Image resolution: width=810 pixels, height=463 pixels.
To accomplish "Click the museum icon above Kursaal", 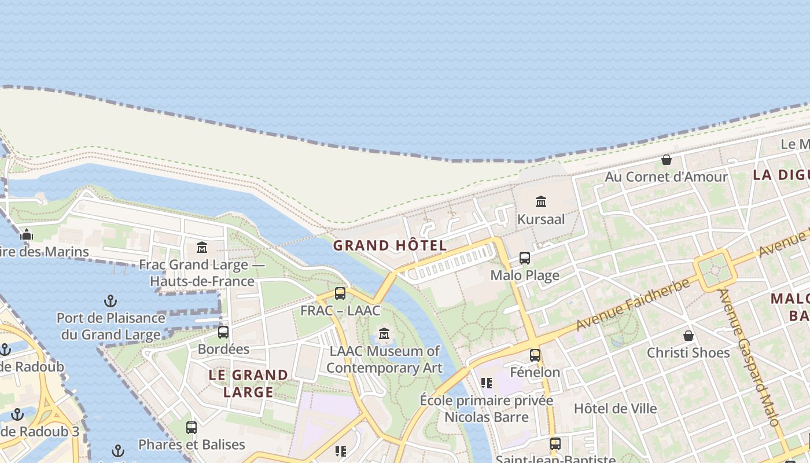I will point(541,201).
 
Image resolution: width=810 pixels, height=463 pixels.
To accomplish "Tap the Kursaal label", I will point(541,219).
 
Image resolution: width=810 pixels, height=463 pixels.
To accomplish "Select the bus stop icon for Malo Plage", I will point(525,258).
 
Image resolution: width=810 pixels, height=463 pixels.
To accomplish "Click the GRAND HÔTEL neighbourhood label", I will point(390,245).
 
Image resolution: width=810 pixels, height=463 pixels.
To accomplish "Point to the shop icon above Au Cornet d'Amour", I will point(667,160).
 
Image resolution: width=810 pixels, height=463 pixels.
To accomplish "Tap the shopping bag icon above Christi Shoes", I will point(689,336).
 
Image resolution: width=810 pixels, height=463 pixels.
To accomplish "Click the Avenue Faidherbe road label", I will point(633,305).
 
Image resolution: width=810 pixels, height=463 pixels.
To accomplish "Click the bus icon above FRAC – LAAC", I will point(340,293).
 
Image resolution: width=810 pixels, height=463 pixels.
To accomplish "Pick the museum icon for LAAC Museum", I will point(384,334).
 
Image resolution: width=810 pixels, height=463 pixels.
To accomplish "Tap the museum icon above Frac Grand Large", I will point(202,248).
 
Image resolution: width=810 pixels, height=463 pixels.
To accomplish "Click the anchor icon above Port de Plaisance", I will point(110,301).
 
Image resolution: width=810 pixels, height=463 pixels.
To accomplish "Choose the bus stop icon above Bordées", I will point(223,332).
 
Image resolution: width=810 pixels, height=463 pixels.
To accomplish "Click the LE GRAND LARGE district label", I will point(248,383).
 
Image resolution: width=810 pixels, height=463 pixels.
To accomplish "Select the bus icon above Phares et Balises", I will point(192,428).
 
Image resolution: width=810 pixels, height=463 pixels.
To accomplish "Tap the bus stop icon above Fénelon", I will point(535,355).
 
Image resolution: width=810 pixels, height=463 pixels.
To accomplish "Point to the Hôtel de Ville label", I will point(615,409).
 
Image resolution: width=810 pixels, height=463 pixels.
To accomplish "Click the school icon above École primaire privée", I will point(487,383).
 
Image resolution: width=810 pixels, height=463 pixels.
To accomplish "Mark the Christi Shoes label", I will point(688,352).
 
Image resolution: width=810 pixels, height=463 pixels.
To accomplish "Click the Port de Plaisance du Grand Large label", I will point(111,326).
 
